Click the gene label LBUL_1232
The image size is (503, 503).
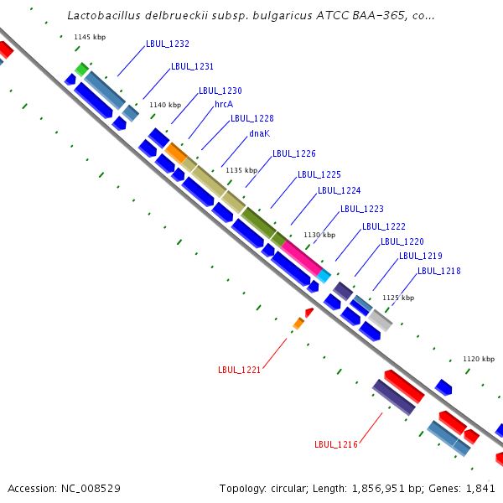pos(168,44)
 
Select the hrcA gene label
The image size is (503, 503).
pos(224,104)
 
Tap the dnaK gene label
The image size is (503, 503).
pos(260,133)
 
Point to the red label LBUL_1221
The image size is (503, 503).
pos(239,370)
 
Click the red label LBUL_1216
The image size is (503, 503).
pos(336,444)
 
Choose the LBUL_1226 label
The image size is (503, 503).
pos(294,153)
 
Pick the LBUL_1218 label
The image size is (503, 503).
pos(438,271)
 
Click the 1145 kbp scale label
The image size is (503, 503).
pos(90,37)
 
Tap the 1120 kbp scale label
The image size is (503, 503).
pos(479,359)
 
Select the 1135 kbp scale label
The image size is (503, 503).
pos(241,170)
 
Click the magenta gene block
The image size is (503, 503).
pos(302,257)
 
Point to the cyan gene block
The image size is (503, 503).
pos(324,276)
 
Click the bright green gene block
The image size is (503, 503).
pos(81,70)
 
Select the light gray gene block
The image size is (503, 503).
pos(380,320)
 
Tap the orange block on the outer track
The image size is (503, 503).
pos(176,153)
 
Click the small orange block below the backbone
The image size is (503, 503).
pos(298,323)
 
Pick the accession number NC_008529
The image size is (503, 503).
pos(91,488)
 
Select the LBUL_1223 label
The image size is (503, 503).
pos(362,209)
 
